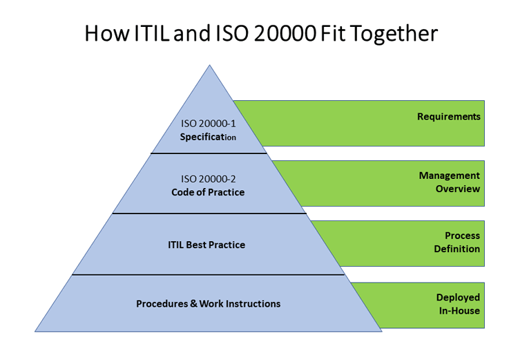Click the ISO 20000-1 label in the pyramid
pyautogui.click(x=209, y=124)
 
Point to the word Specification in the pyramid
pyautogui.click(x=208, y=137)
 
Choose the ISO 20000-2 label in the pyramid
pyautogui.click(x=208, y=178)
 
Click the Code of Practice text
pyautogui.click(x=208, y=192)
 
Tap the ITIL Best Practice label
pyautogui.click(x=207, y=245)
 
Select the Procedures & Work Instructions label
pyautogui.click(x=208, y=303)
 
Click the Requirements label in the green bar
pyautogui.click(x=448, y=117)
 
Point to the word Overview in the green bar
pyautogui.click(x=457, y=189)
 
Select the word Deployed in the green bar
pyautogui.click(x=458, y=297)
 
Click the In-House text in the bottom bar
pyautogui.click(x=458, y=310)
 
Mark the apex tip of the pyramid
pyautogui.click(x=209, y=66)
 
